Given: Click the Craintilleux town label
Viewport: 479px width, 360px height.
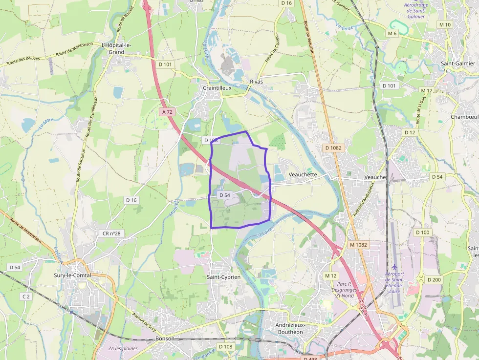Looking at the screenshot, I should tap(217, 88).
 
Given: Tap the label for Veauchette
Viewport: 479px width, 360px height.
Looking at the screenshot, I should tap(303, 174).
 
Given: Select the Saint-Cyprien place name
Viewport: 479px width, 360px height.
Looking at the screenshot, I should tap(224, 277).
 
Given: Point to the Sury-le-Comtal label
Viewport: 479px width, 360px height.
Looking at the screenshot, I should tap(73, 275).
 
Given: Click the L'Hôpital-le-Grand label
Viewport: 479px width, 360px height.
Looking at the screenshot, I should tap(116, 48).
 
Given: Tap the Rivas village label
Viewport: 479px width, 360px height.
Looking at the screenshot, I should tap(256, 82).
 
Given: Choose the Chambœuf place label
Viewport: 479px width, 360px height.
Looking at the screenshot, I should tap(464, 117).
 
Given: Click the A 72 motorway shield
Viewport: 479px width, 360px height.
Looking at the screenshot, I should tap(167, 112).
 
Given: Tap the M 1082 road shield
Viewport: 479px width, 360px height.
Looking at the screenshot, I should tap(358, 244).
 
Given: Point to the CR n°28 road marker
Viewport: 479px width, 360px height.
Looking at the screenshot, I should tap(111, 233).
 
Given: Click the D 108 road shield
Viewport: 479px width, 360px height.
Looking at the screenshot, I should tap(226, 347).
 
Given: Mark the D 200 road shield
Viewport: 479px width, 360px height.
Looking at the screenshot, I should tap(434, 279).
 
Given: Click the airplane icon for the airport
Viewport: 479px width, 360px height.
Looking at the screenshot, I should tap(395, 267).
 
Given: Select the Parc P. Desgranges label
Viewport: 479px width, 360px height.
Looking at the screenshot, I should tap(345, 289).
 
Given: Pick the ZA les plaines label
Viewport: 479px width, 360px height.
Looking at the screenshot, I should tap(123, 348).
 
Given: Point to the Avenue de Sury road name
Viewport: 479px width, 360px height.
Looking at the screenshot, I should tap(144, 321).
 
